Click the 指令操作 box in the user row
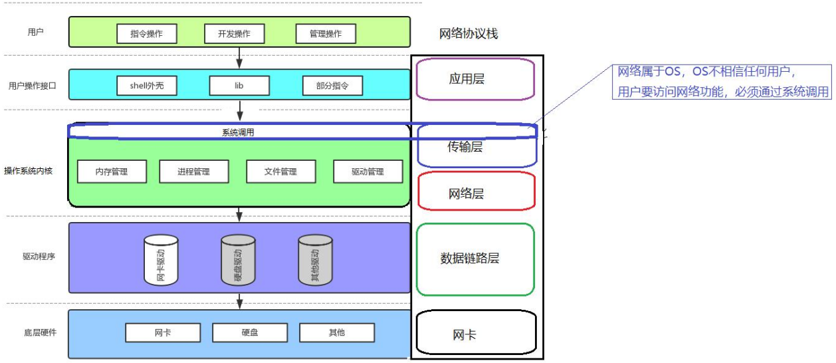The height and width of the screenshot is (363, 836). point(146,34)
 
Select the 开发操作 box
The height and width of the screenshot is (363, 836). point(234,34)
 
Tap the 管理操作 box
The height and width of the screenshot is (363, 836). point(326,34)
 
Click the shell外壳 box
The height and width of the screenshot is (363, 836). point(146,86)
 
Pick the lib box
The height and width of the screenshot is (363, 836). point(239,86)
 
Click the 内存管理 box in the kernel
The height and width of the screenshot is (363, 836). point(112,172)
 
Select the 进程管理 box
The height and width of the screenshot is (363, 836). point(193,172)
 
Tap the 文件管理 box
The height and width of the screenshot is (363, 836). point(280,172)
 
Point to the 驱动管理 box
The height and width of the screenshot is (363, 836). point(367,172)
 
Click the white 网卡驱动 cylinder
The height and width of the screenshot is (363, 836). point(161,260)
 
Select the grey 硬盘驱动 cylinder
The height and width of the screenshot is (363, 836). point(238,260)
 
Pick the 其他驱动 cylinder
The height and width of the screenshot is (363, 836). point(315,260)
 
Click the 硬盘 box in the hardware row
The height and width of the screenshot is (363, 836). point(250,332)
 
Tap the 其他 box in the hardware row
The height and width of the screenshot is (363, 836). point(337,332)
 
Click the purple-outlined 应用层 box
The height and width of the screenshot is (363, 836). point(475,79)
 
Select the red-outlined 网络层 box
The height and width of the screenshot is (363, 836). point(476,193)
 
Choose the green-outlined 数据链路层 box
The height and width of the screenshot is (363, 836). point(475,259)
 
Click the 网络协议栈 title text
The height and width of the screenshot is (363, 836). point(469,34)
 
